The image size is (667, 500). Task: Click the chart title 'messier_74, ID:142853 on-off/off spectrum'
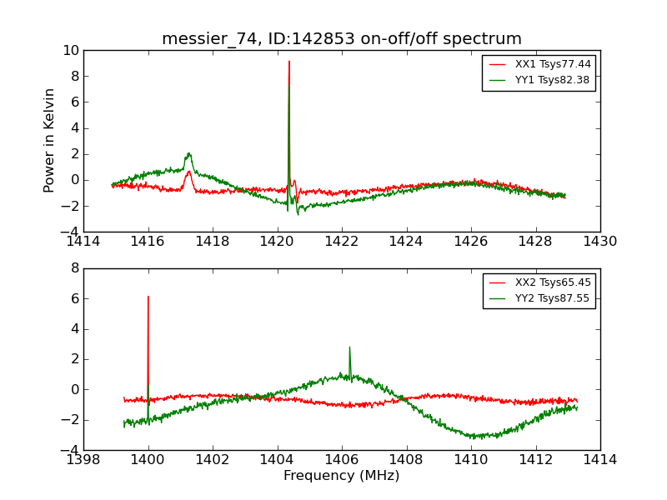(x=342, y=39)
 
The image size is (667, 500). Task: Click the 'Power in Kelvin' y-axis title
(x=50, y=140)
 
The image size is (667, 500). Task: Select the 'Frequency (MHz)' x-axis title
(x=342, y=476)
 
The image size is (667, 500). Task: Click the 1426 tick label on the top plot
(x=471, y=242)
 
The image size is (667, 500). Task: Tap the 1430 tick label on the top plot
(x=600, y=242)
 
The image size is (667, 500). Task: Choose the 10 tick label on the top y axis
(x=70, y=51)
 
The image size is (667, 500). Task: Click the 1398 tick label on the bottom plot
(x=83, y=459)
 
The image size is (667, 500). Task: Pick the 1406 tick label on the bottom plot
(x=342, y=459)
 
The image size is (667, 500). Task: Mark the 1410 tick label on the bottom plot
(x=471, y=459)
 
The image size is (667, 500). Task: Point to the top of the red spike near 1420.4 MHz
(x=289, y=61)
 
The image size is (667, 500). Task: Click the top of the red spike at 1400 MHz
(x=148, y=297)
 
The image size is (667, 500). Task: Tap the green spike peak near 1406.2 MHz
(x=349, y=347)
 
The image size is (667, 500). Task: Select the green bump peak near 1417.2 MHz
(x=189, y=153)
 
